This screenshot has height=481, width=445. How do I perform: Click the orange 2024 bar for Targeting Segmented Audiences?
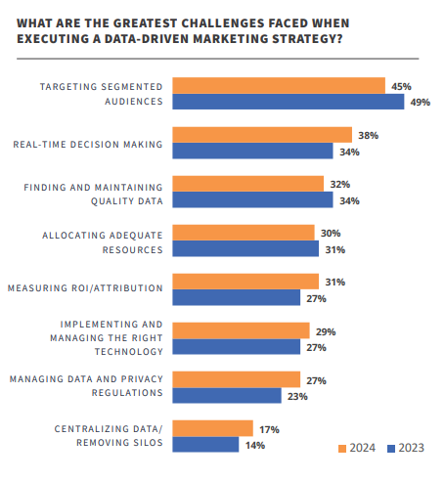pos(279,86)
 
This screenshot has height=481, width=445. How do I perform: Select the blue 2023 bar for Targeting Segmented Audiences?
pos(284,102)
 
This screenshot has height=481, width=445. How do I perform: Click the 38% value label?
pos(368,135)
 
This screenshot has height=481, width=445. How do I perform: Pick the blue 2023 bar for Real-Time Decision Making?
pos(252,151)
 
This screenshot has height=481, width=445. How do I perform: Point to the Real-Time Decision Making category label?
pos(87,144)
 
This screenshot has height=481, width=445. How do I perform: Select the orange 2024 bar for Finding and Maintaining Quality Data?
pos(247,184)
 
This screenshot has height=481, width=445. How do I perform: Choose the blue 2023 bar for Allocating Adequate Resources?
pos(245,249)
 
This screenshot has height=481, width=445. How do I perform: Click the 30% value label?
pos(331,233)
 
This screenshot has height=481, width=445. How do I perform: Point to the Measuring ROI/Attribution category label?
pos(86,289)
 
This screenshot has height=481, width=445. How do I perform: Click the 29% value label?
pos(326,331)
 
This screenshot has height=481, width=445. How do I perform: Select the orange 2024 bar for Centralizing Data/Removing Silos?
pos(212,428)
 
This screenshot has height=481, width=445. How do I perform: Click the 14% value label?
pos(255,445)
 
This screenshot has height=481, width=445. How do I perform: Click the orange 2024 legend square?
pos(342,449)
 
